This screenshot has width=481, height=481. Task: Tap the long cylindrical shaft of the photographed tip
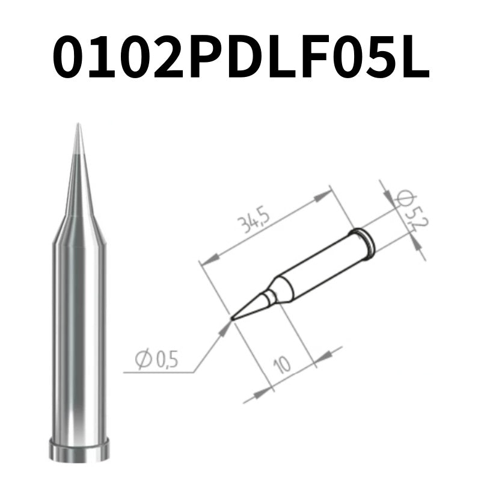click(78, 337)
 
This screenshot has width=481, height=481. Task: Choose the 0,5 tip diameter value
click(167, 361)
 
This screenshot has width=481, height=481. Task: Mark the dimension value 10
click(281, 364)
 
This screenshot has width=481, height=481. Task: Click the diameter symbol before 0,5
click(143, 360)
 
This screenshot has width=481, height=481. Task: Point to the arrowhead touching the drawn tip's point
click(227, 325)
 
